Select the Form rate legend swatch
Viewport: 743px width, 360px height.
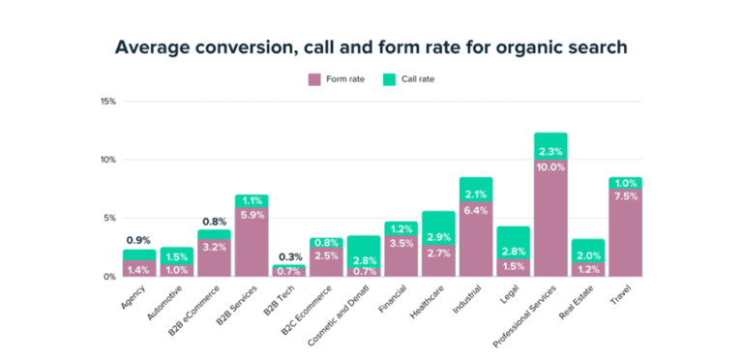click(313, 78)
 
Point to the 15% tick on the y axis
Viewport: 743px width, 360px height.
click(107, 101)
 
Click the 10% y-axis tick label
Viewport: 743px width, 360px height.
click(107, 159)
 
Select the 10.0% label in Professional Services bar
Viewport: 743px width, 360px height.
click(550, 166)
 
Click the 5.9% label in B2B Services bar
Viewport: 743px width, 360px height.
click(251, 215)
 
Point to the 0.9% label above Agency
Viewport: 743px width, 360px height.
click(138, 240)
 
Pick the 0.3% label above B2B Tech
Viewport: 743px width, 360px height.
click(288, 255)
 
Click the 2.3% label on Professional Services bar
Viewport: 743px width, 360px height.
click(550, 151)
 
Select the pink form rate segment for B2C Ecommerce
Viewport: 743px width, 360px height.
click(325, 262)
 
